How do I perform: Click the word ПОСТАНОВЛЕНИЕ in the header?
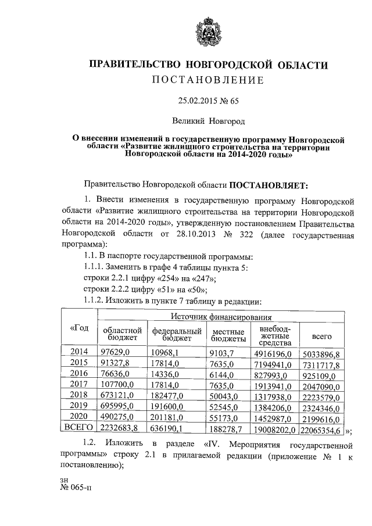click(208, 80)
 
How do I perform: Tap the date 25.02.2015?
click(196, 101)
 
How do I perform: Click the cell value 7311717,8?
click(320, 364)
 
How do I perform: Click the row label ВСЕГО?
click(79, 430)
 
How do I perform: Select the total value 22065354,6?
click(321, 430)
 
